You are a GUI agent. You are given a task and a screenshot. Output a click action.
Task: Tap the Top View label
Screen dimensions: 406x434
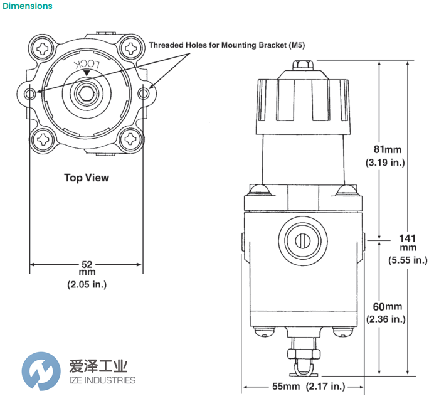87,178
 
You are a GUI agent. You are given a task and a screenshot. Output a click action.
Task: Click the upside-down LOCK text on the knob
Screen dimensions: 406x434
88,66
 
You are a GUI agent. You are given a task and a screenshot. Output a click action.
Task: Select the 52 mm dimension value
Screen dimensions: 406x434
87,264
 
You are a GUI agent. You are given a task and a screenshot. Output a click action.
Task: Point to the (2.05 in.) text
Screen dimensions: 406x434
87,284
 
